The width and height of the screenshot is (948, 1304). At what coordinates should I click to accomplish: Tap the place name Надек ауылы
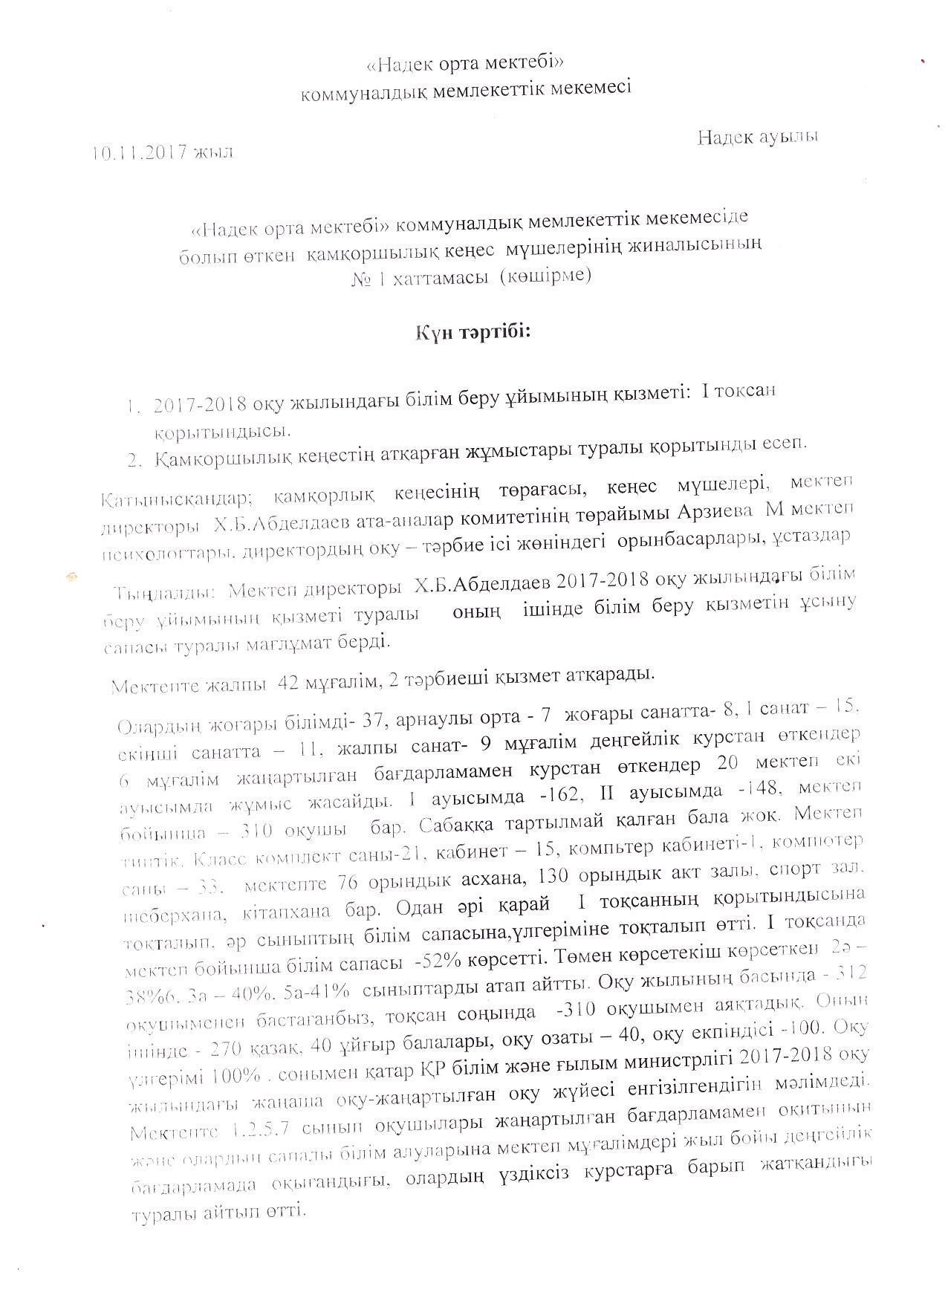pyautogui.click(x=758, y=137)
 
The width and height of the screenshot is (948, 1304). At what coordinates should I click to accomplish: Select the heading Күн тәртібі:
pyautogui.click(x=473, y=331)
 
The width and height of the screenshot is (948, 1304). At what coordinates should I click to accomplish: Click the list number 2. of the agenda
pyautogui.click(x=134, y=461)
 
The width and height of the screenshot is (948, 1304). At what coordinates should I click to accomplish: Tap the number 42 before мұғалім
pyautogui.click(x=288, y=684)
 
